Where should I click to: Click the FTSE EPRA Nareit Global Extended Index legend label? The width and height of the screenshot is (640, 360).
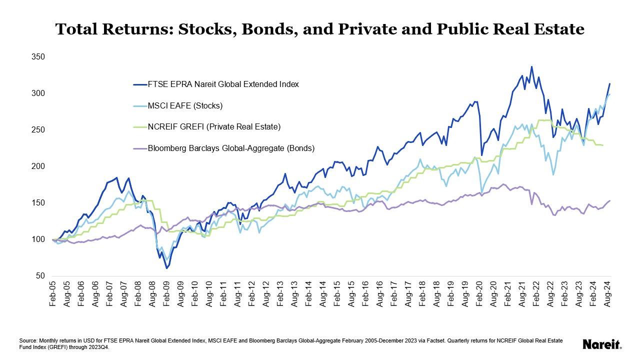coord(222,84)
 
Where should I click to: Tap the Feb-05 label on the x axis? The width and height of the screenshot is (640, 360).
coord(53,294)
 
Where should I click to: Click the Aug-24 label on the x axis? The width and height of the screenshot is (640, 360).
coord(608,294)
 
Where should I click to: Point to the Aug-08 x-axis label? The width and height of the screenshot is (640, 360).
coord(152,294)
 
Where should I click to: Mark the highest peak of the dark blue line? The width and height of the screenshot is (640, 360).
coord(531,66)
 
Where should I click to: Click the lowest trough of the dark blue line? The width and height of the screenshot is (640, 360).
coord(166,268)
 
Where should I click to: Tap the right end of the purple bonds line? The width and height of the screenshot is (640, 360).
coord(610,200)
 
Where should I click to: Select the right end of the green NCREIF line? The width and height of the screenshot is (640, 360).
coord(602,145)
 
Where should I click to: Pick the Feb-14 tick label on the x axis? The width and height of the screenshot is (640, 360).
coord(309,294)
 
